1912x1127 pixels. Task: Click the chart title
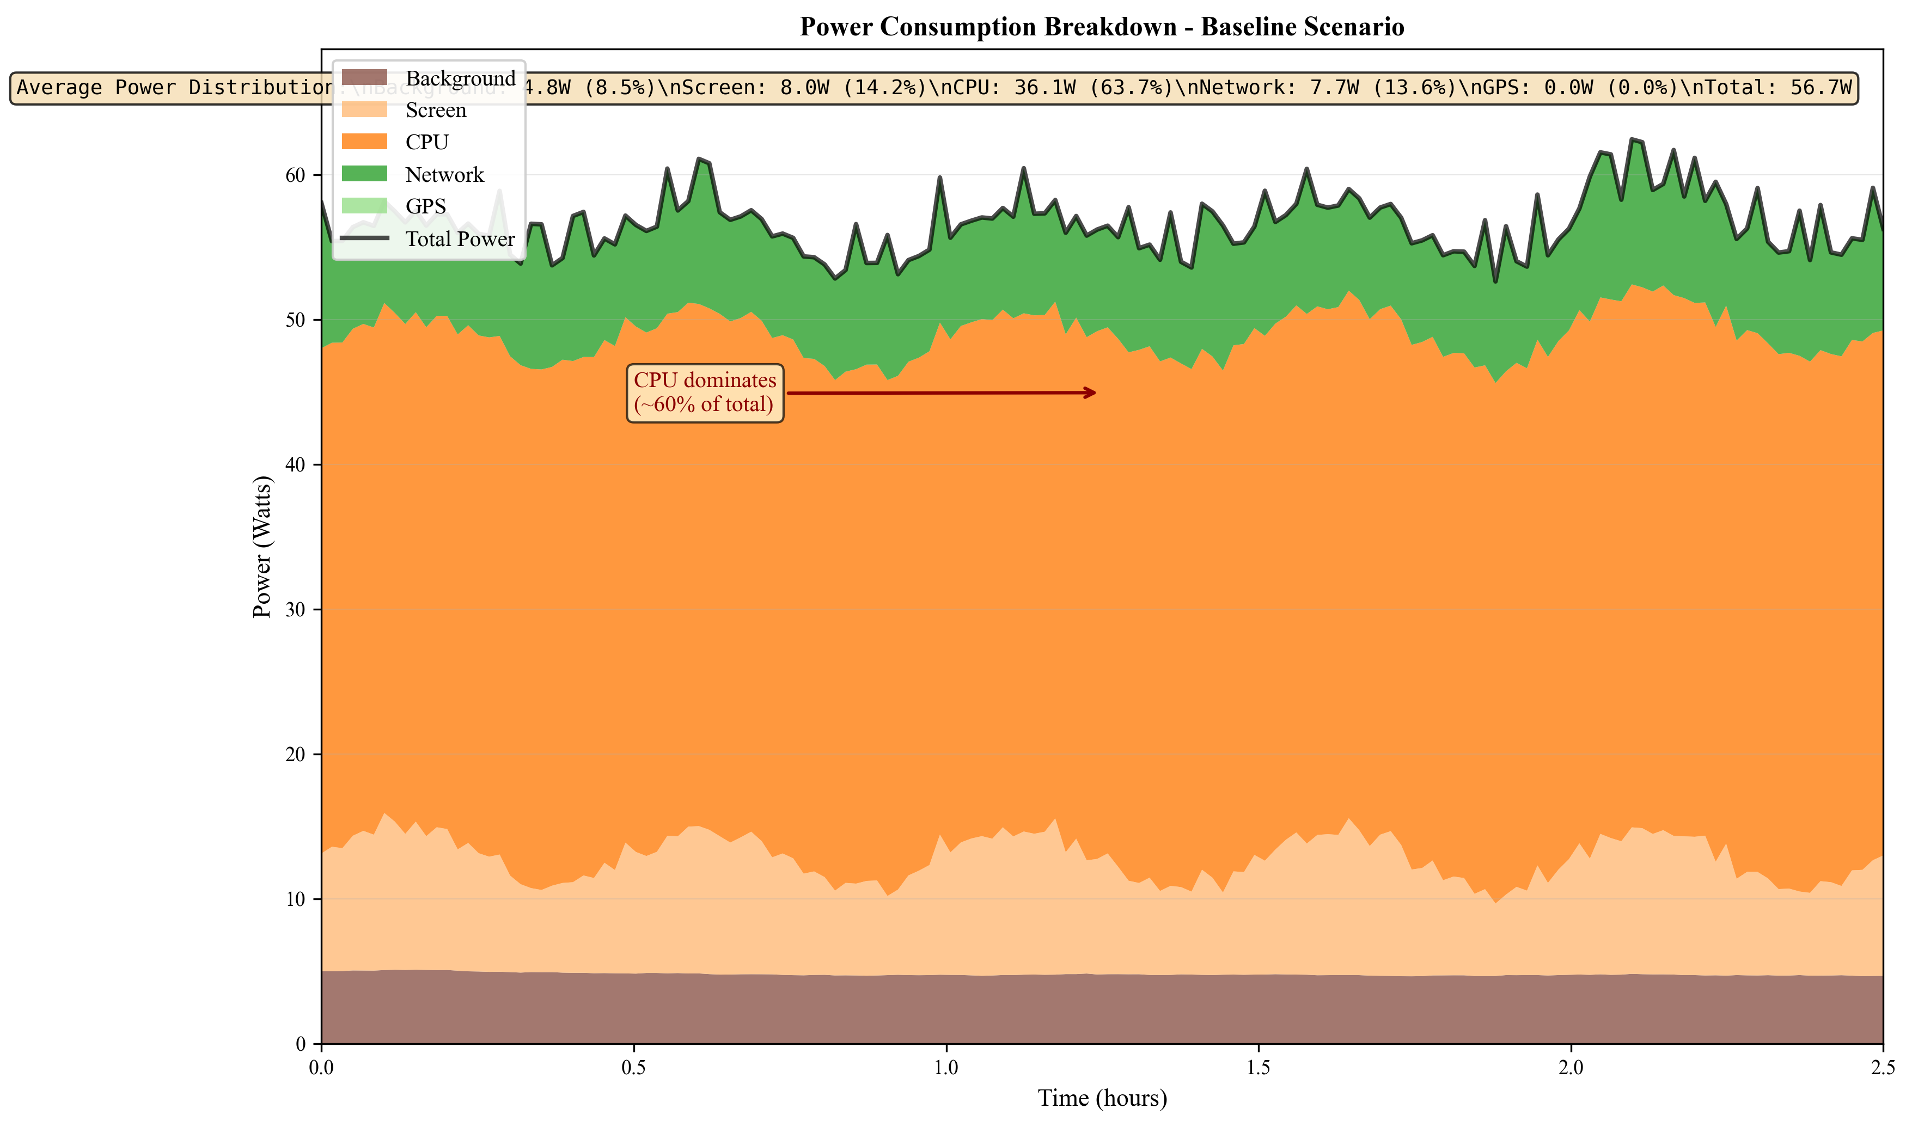1102,27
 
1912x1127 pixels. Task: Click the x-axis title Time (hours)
1102,1098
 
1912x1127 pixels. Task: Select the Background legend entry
460,78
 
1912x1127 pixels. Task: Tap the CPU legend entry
426,142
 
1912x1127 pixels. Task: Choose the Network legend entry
444,175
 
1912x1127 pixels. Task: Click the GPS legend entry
425,206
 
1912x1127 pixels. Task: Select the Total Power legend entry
460,239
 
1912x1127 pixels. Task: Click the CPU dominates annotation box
705,393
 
